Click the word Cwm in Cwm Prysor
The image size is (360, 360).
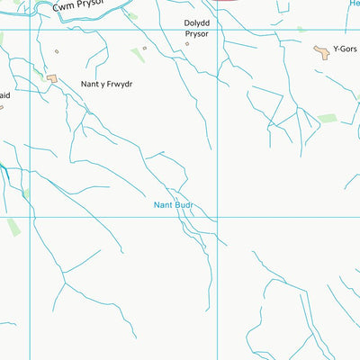tap(64, 7)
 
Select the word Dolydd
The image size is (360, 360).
tap(196, 23)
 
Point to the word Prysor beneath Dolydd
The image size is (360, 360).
tap(196, 34)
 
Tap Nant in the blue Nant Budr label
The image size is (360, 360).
tap(162, 205)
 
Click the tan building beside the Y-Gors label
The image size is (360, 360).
tap(321, 53)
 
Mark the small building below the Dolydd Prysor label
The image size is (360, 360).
tap(188, 42)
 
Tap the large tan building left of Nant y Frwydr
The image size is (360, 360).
tap(53, 79)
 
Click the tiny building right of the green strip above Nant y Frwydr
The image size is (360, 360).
tap(144, 49)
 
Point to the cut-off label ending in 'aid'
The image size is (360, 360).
tap(4, 93)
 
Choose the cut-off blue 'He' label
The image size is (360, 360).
tap(354, 4)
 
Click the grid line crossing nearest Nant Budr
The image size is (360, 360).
tap(217, 217)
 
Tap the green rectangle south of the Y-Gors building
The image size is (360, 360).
tap(327, 118)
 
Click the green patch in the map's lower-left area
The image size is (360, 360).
tap(13, 226)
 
